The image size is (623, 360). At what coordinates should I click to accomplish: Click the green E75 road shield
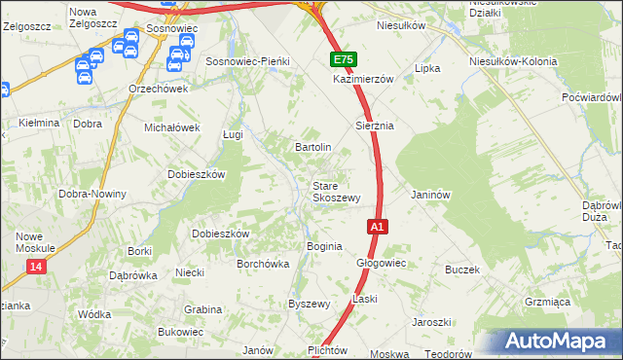(342, 59)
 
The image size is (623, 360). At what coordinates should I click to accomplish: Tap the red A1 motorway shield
(379, 227)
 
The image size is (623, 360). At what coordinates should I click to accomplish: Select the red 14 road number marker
(37, 267)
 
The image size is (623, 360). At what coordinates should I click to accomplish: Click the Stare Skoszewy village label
(336, 191)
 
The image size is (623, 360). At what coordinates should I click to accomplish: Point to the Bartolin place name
(313, 147)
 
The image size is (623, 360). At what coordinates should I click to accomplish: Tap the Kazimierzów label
(362, 79)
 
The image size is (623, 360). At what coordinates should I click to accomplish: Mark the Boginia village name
(324, 246)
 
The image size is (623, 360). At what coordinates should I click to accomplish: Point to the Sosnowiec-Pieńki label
(248, 61)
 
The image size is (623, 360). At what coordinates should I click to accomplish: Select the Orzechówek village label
(158, 88)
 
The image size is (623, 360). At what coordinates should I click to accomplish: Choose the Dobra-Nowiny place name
(92, 194)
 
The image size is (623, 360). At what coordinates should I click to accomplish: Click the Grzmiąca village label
(546, 303)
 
